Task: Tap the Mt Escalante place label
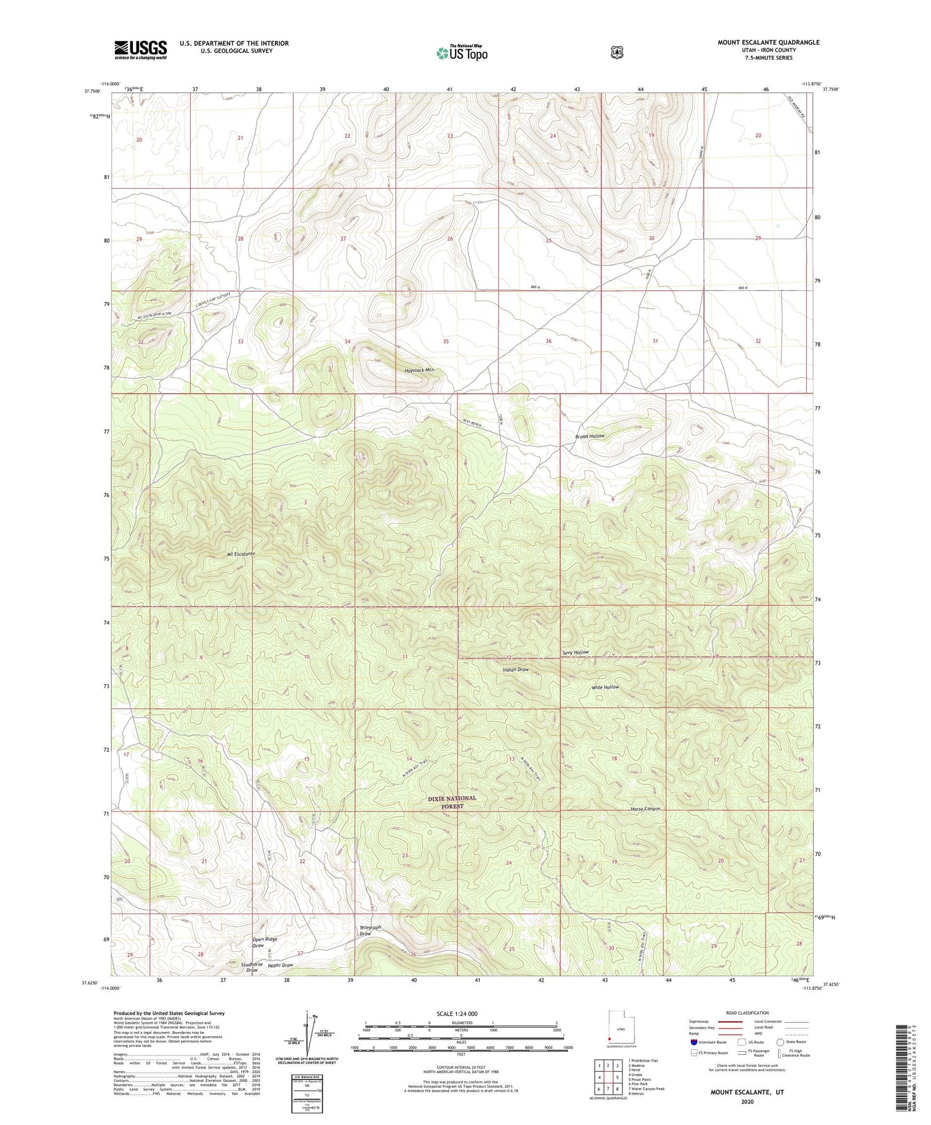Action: pyautogui.click(x=241, y=553)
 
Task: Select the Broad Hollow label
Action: pyautogui.click(x=589, y=436)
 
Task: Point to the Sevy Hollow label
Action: pyautogui.click(x=575, y=653)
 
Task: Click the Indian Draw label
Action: pyautogui.click(x=515, y=670)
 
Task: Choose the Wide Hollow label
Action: pyautogui.click(x=605, y=687)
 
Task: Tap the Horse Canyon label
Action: pyautogui.click(x=645, y=809)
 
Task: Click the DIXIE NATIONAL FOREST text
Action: pyautogui.click(x=452, y=802)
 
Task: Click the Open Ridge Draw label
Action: pyautogui.click(x=265, y=943)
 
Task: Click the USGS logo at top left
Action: pyautogui.click(x=140, y=50)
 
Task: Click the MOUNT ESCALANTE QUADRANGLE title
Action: pyautogui.click(x=768, y=42)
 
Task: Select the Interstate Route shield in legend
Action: pyautogui.click(x=693, y=1042)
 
